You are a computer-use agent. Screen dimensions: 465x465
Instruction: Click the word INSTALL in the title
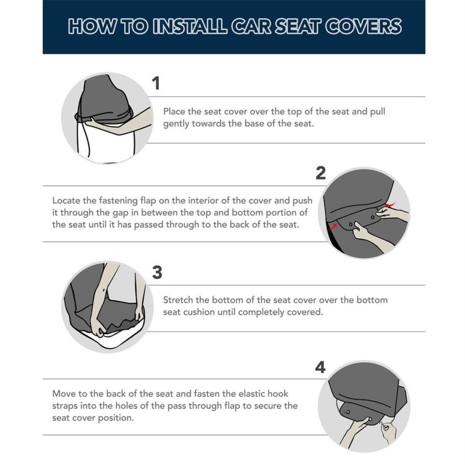click(187, 27)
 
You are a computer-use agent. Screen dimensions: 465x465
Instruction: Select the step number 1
click(156, 84)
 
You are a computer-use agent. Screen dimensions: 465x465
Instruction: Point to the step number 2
click(320, 173)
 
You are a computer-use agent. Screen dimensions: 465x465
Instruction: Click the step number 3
click(157, 272)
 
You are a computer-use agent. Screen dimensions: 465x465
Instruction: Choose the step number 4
click(320, 368)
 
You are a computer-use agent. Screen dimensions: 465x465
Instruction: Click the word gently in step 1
click(176, 125)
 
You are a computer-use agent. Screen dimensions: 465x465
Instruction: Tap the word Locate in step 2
click(66, 201)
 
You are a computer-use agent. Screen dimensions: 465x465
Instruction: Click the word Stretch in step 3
click(178, 300)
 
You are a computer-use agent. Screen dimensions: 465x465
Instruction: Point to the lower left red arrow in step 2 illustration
click(332, 226)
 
